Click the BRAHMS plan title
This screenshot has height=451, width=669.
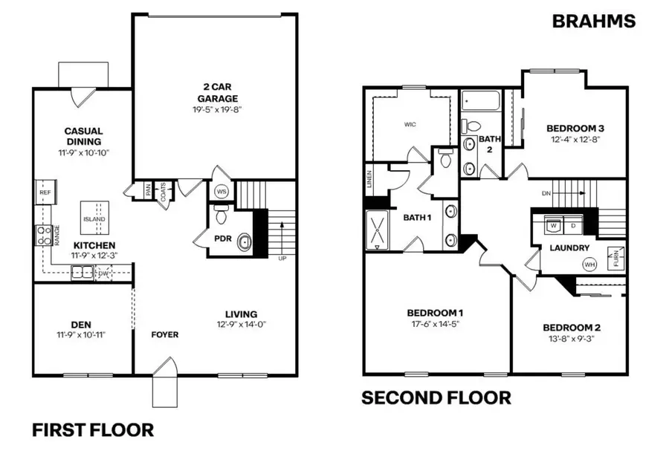tap(593, 21)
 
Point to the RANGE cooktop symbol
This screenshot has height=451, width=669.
tap(43, 236)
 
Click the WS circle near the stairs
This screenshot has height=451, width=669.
tap(222, 192)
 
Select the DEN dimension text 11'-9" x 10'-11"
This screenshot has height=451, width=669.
tap(81, 335)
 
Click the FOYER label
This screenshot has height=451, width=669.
tap(165, 335)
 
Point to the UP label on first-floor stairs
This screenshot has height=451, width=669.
tap(281, 259)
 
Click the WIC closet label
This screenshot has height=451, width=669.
tap(410, 124)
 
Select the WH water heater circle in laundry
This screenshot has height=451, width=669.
tap(589, 264)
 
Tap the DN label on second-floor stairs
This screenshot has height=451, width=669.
tap(546, 192)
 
